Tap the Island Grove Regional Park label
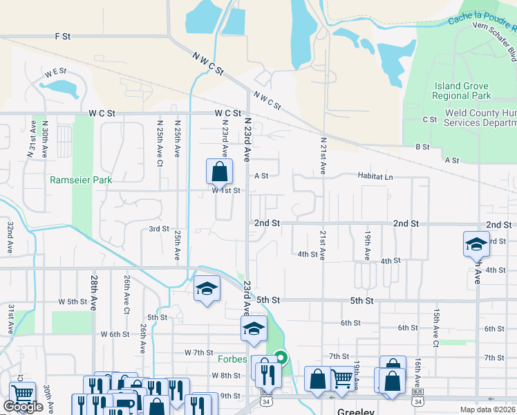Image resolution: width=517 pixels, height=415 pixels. coord(462,91)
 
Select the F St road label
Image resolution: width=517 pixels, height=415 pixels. coord(64,36)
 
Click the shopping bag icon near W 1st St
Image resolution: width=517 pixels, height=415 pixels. coord(219,170)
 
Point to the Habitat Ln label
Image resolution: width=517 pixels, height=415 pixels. coord(375,177)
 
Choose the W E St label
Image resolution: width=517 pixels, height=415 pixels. coord(55,71)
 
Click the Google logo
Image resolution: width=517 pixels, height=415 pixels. coord(23,407)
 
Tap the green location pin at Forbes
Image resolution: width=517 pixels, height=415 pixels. coord(281,358)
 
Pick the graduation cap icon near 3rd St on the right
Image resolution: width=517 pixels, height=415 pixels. coord(476,243)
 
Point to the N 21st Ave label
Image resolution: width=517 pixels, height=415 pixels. coord(323,155)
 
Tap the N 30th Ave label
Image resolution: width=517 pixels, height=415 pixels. coord(45,138)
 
